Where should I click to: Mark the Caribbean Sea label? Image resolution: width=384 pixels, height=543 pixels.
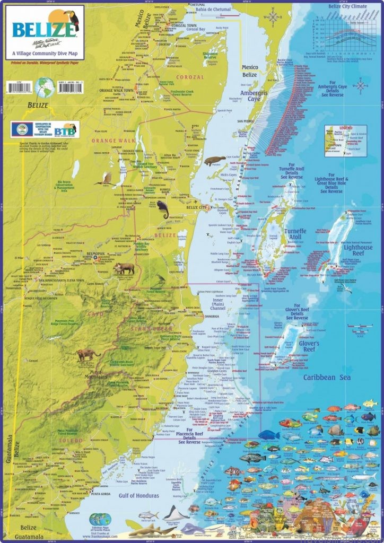tap(327, 377)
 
